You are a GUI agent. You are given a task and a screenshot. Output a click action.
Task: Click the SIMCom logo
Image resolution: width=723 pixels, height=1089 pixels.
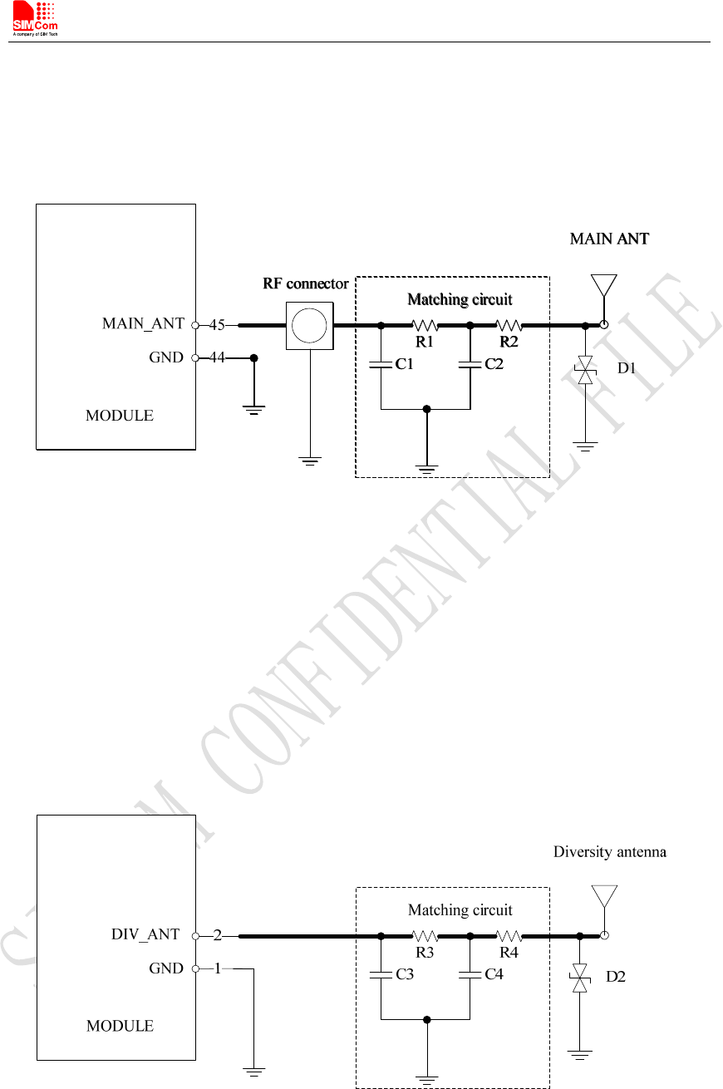click(35, 18)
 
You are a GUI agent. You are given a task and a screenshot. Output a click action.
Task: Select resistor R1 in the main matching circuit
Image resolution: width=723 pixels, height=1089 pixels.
click(425, 325)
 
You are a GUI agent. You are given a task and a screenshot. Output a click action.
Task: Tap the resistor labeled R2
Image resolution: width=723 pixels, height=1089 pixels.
click(509, 325)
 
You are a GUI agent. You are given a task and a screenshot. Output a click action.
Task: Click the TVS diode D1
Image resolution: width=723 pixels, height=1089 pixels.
click(586, 370)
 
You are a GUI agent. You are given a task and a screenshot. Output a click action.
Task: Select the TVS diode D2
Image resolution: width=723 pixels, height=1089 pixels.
click(580, 978)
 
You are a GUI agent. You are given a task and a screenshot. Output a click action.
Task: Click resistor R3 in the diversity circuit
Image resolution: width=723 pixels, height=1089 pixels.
click(425, 935)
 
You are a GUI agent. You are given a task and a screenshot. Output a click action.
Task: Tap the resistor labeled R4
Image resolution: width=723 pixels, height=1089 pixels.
click(509, 935)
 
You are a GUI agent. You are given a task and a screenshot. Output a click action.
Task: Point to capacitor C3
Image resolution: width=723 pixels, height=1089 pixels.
click(381, 974)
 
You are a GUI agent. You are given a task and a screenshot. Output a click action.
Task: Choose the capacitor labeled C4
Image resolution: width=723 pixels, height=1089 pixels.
click(470, 974)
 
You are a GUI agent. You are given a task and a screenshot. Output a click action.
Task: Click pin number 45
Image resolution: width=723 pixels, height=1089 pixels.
click(217, 325)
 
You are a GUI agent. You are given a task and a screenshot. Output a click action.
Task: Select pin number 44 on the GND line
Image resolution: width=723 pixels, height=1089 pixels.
click(217, 357)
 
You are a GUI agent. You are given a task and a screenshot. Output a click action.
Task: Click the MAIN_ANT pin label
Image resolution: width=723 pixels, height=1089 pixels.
click(143, 323)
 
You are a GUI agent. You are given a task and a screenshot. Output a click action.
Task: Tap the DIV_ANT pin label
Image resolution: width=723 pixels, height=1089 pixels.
click(145, 934)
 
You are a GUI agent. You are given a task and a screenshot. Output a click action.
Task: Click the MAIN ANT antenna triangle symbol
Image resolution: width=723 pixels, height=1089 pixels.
click(604, 285)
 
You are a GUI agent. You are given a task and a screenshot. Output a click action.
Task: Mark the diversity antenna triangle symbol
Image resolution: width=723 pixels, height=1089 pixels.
click(604, 896)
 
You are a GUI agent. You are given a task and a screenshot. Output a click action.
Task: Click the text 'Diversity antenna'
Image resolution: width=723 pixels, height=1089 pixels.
click(610, 852)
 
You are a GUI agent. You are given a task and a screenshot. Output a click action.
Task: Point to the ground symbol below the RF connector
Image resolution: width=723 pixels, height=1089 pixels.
click(310, 461)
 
